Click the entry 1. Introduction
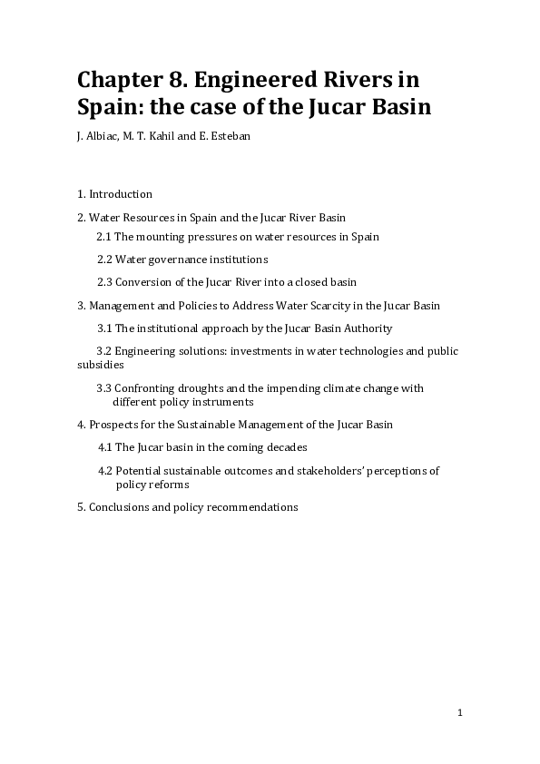tap(114, 194)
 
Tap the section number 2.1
tap(104, 237)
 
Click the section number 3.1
tap(105, 328)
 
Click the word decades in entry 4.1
tap(287, 447)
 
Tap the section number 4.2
tap(105, 471)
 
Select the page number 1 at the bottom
tap(460, 713)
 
